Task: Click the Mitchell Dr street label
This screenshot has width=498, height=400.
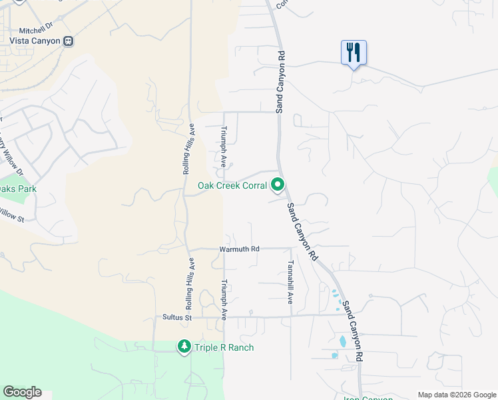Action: [x=35, y=30]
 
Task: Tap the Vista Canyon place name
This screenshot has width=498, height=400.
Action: [x=35, y=41]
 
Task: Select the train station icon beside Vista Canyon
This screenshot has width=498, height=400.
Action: [x=68, y=41]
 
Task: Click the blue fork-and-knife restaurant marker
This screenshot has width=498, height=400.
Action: [x=354, y=52]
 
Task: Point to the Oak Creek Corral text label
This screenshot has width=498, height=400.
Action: [x=232, y=185]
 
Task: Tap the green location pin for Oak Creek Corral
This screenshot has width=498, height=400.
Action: [x=278, y=185]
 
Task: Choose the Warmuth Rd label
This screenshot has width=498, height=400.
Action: [x=239, y=249]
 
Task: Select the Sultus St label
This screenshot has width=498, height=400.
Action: [x=177, y=318]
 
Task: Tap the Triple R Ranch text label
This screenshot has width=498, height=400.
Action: [x=224, y=347]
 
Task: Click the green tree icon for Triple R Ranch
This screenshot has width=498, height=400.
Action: [x=184, y=347]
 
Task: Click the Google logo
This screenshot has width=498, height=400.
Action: [x=22, y=392]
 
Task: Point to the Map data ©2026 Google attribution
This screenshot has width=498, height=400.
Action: [x=457, y=395]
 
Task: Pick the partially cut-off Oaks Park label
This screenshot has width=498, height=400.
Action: [x=18, y=189]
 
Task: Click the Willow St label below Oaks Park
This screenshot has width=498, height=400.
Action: [x=12, y=216]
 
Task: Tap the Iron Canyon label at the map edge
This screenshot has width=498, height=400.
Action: [x=368, y=398]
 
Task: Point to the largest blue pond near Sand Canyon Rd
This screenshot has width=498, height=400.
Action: [x=343, y=341]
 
